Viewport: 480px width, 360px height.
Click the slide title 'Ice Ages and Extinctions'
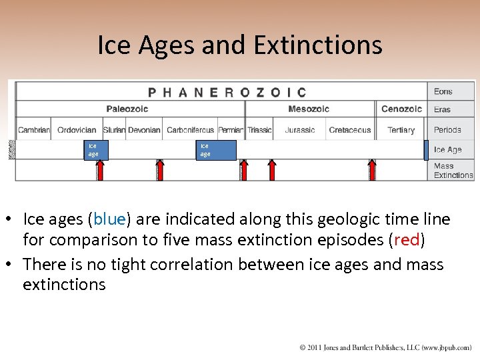click(240, 45)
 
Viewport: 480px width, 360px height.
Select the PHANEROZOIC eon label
click(227, 92)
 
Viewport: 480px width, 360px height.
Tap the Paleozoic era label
click(127, 109)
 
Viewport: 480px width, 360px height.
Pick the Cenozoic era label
click(401, 109)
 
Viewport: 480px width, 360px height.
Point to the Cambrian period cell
click(34, 130)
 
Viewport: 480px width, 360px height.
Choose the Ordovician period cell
click(77, 130)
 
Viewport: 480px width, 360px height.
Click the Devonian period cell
click(144, 130)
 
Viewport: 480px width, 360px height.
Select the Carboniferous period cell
click(190, 130)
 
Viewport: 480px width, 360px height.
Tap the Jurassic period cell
click(300, 130)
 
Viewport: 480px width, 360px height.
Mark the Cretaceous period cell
click(350, 130)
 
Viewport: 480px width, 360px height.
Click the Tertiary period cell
click(401, 130)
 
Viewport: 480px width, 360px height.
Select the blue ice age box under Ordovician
click(94, 150)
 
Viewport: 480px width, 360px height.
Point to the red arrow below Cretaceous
click(373, 170)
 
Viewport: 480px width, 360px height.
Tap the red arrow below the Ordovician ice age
click(100, 170)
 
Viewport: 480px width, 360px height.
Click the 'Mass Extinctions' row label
click(452, 171)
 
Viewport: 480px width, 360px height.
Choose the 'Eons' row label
click(443, 92)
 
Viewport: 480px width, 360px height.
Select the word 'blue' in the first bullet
click(108, 219)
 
